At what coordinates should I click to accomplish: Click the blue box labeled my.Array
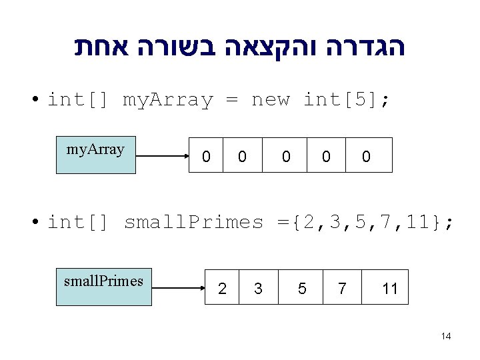point(95,155)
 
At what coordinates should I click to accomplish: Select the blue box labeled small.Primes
point(103,287)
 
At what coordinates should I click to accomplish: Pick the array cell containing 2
point(222,287)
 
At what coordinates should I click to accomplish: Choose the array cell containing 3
point(258,287)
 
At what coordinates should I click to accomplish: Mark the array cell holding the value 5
point(301,287)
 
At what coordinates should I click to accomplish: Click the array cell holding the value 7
point(342,287)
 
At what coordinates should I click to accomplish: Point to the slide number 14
point(446,336)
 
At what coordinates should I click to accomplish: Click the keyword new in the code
point(271,100)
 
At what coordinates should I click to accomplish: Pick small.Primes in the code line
point(194,222)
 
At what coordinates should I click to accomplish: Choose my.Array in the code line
point(167,100)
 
